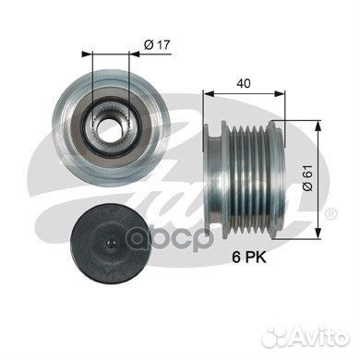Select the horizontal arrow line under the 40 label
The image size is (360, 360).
242,93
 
